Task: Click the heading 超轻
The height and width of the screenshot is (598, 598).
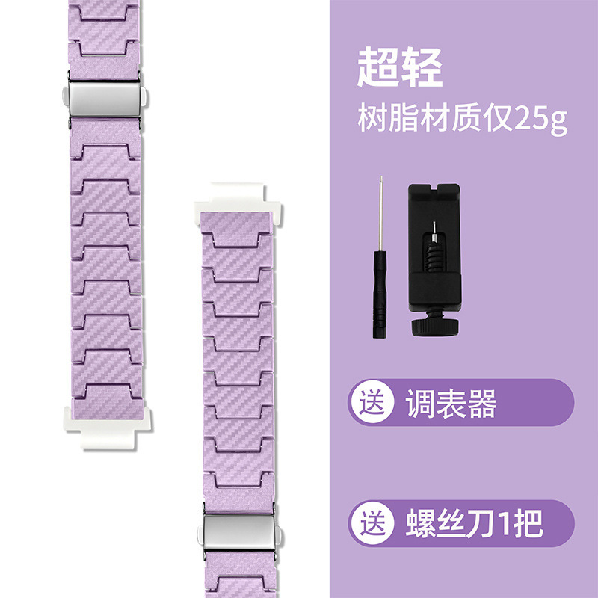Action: [x=400, y=68]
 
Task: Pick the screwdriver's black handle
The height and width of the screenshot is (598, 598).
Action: [x=381, y=306]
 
